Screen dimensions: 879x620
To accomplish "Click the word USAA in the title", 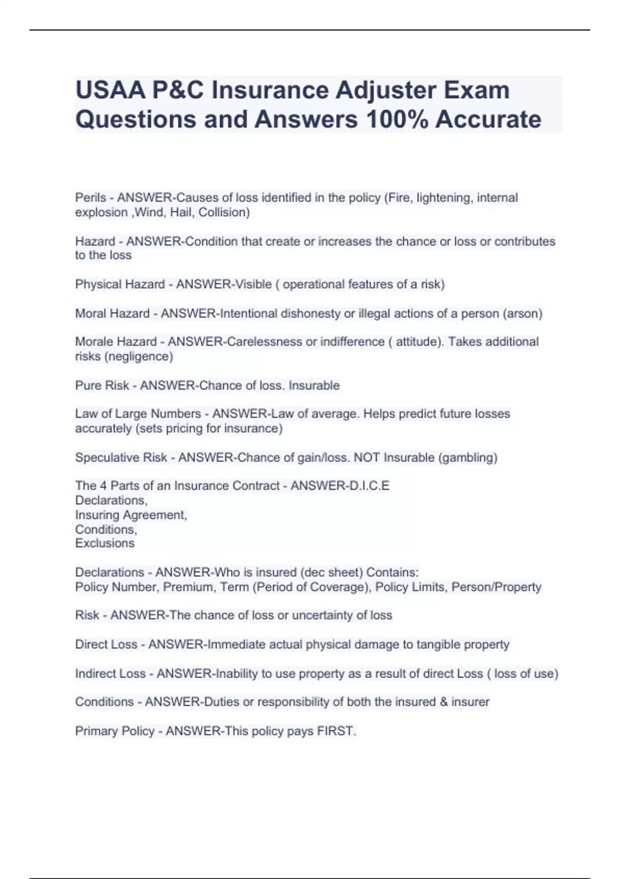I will pos(110,90).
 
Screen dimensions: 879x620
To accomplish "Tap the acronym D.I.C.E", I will pos(369,486).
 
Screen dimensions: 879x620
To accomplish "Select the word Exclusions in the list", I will pos(104,543).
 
